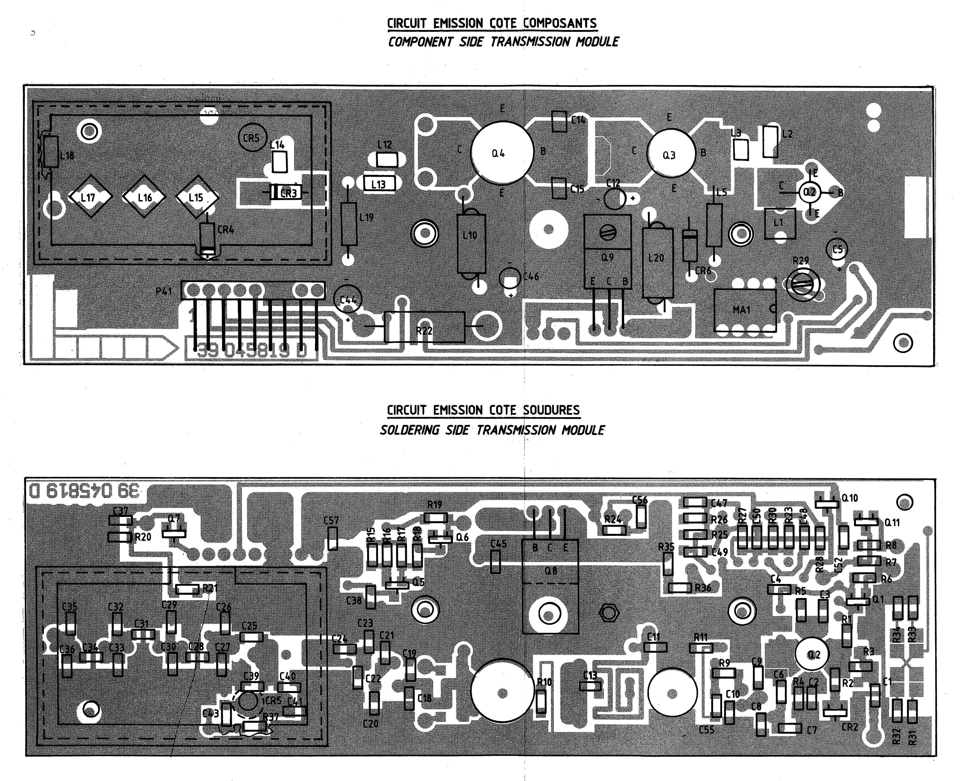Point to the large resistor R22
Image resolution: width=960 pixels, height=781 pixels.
[424, 327]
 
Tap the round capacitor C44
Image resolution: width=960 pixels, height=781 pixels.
[347, 299]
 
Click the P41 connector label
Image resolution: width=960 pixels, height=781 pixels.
[164, 291]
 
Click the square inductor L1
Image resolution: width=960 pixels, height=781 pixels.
[780, 223]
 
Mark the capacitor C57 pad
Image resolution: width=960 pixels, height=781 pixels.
[332, 538]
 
